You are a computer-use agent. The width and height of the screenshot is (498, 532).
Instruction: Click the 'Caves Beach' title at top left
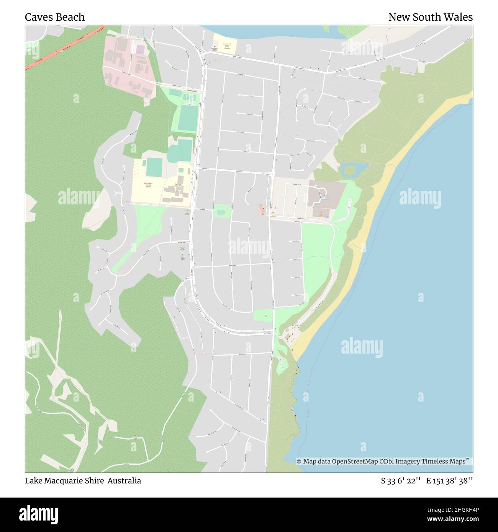(x=55, y=17)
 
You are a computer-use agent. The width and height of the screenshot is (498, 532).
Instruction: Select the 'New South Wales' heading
(x=430, y=17)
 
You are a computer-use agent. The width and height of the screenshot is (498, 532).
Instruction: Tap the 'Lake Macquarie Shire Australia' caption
(x=83, y=481)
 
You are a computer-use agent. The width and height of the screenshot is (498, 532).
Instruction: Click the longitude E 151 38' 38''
(x=449, y=481)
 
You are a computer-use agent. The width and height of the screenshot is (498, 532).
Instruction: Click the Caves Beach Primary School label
(x=147, y=185)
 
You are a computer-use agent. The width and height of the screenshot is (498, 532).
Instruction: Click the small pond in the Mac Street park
(x=220, y=211)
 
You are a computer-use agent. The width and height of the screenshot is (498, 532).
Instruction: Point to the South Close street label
(x=298, y=295)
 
